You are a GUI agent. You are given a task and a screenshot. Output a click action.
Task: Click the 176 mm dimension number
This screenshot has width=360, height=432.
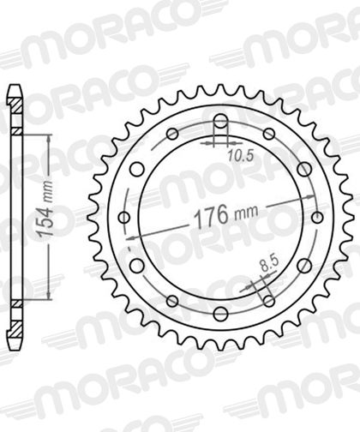coord(211,215)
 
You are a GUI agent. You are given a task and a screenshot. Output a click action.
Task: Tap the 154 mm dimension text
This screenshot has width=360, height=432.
coord(45,209)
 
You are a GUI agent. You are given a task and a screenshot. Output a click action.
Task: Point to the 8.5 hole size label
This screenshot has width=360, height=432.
coord(270,266)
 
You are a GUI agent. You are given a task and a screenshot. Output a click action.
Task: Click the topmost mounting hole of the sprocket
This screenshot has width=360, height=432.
coord(220,121)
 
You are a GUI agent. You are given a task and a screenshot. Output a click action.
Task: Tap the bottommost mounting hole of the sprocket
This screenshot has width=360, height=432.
coord(220,314)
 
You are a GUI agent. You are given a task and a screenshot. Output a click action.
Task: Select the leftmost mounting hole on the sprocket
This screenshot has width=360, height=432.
coord(124,218)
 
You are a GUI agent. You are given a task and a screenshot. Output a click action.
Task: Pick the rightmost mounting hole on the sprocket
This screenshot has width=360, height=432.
coord(317,218)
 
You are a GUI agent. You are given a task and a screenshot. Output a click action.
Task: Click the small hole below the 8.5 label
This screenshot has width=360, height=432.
coord(268,301)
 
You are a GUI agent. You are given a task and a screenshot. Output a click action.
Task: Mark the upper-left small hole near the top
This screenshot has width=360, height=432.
coord(172,134)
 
